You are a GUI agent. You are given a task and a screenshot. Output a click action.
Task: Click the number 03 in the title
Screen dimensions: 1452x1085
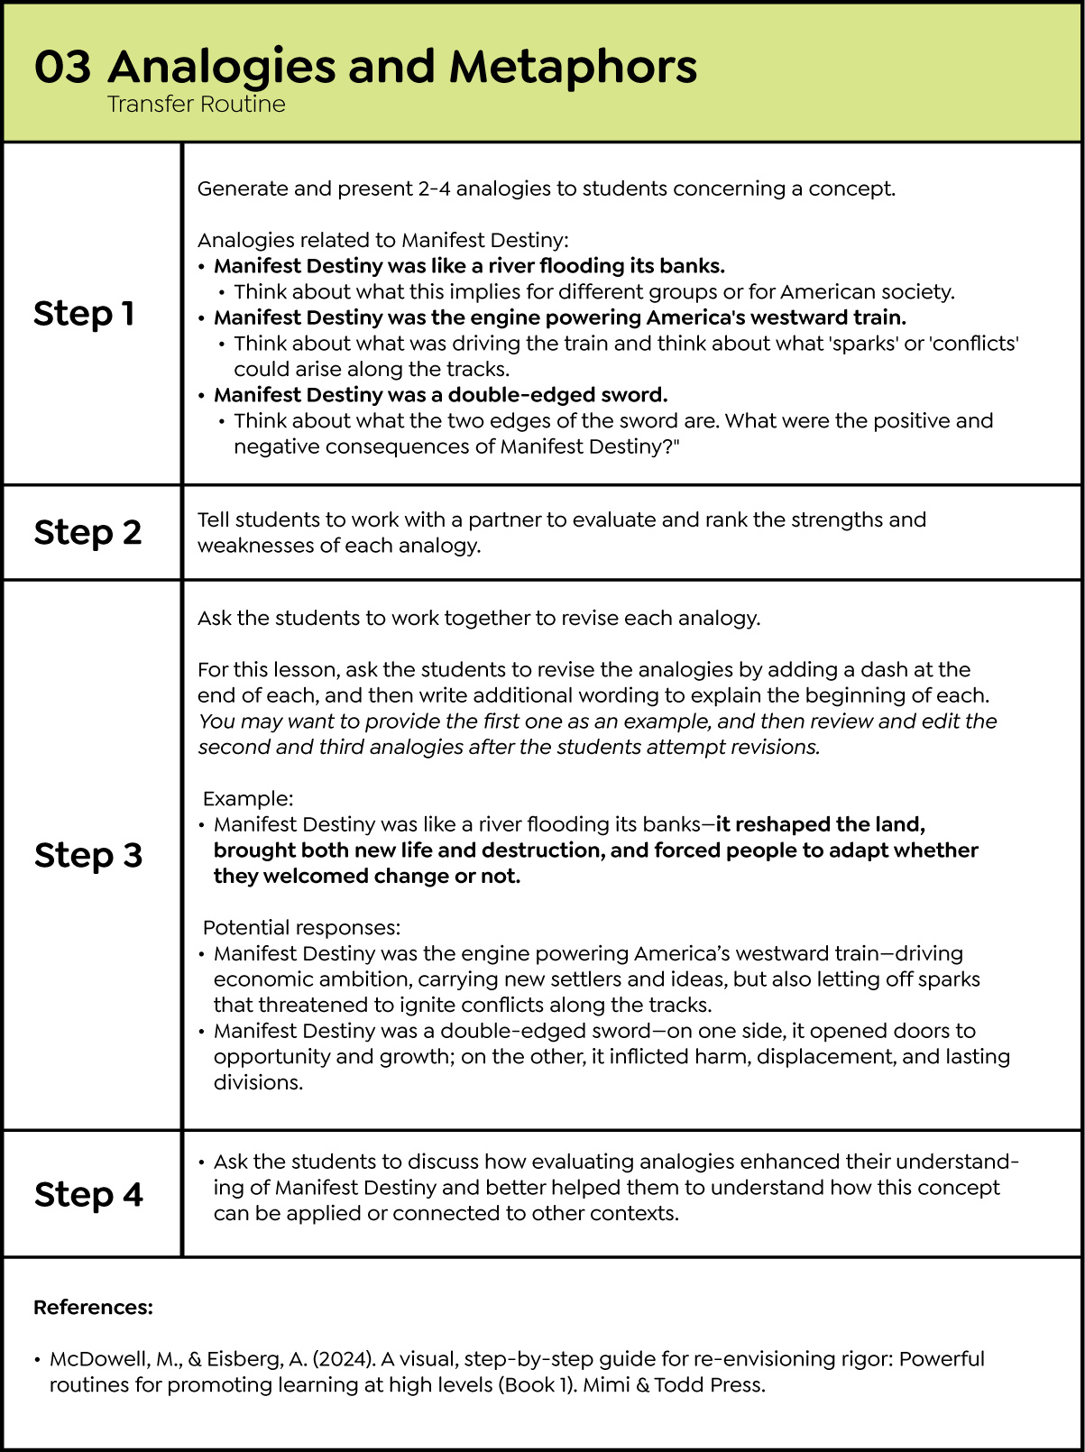click(62, 67)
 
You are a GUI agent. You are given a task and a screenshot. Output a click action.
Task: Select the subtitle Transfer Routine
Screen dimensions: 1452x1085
click(196, 105)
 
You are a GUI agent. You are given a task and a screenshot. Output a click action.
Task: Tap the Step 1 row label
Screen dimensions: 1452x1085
click(84, 314)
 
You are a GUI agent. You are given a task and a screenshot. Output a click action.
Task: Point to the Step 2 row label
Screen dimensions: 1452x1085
click(87, 532)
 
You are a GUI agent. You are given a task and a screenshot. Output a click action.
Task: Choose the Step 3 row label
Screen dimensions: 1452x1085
click(88, 855)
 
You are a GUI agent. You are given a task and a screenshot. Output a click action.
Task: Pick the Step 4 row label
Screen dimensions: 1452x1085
click(88, 1194)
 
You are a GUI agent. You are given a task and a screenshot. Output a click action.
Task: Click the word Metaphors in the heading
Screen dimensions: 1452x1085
click(573, 67)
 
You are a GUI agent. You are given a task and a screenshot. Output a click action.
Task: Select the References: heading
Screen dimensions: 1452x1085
click(93, 1308)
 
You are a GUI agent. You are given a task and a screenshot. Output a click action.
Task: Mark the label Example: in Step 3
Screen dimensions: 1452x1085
click(248, 799)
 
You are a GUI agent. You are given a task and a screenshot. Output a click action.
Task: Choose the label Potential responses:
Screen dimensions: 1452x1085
click(301, 928)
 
